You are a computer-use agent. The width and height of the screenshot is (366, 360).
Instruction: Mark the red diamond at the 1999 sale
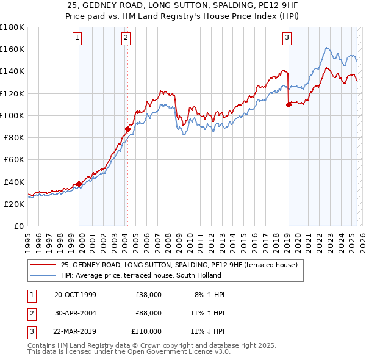[79, 184]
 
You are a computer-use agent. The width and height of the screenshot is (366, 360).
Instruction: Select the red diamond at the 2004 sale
[128, 129]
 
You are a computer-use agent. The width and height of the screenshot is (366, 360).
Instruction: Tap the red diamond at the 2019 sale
[289, 104]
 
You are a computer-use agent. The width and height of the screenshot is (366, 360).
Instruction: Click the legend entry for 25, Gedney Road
[179, 265]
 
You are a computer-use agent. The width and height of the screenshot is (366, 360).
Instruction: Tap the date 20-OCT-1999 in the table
[75, 295]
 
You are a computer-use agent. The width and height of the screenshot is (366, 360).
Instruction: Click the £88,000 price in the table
[148, 313]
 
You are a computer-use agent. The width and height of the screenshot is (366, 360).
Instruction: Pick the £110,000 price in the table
[146, 331]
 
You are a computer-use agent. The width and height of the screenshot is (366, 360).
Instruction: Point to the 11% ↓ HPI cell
[207, 331]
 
